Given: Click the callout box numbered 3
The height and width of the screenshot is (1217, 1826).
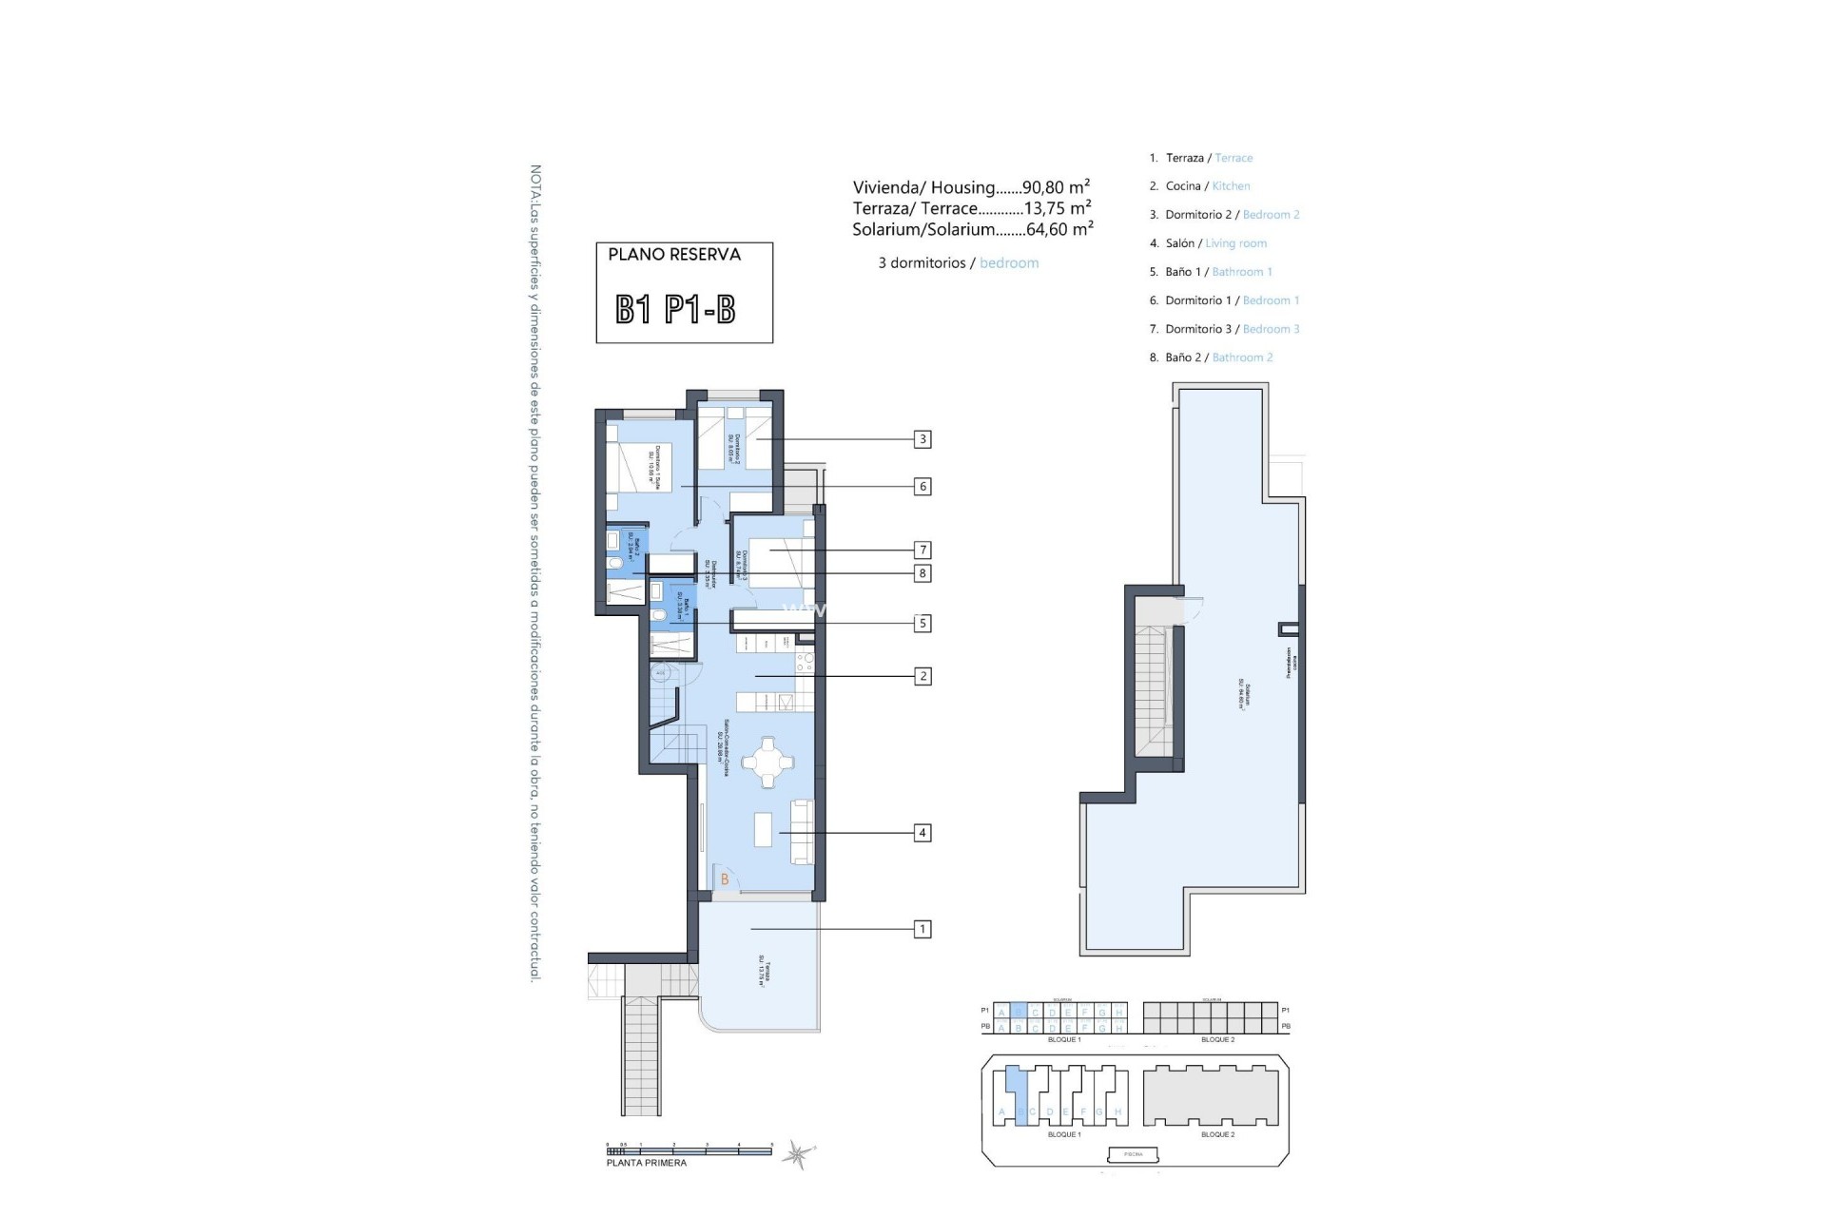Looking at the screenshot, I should coord(922,439).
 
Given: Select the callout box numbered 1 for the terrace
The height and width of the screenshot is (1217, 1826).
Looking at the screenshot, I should coord(922,929).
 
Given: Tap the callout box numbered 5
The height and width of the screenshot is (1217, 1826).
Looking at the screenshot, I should coord(922,624).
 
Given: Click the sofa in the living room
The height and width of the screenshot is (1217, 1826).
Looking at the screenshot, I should coord(803,832).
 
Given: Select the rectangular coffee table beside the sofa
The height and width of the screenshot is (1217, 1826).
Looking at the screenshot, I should coord(764,829).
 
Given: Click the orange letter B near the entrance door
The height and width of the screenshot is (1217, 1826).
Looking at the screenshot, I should coord(725,879).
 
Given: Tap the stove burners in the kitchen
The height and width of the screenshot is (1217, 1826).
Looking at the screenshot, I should coord(805,659).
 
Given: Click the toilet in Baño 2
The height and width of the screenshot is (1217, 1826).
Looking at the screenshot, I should coord(615,567).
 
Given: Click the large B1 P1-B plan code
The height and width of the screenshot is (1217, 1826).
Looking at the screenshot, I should coord(675,309).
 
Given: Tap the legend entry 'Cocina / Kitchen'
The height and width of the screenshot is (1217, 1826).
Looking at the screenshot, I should coord(1199,186).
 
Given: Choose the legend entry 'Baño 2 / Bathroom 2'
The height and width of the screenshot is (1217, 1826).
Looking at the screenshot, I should coord(1211,357).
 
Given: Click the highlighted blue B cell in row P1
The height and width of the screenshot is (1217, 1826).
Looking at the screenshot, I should coord(1019,1012).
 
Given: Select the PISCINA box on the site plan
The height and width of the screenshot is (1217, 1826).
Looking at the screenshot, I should coord(1134,1154).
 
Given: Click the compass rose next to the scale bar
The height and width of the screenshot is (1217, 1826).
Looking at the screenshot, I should coord(796,1154).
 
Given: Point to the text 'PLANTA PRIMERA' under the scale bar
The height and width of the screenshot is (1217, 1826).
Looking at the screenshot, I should coord(647,1163).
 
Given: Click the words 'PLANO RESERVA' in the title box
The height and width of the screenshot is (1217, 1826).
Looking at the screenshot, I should coord(674,255).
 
